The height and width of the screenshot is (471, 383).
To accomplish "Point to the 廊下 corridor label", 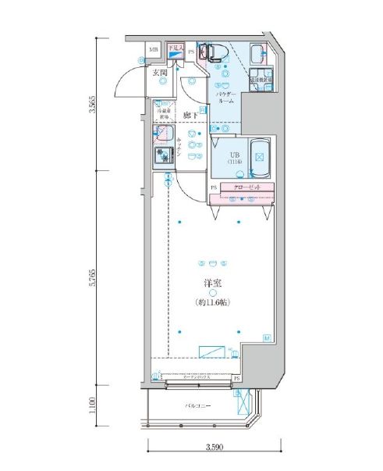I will click(x=190, y=116).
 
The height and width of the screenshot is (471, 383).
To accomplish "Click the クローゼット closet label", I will click(x=243, y=187).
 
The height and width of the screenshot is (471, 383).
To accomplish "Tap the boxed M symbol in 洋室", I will click(x=267, y=337).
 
